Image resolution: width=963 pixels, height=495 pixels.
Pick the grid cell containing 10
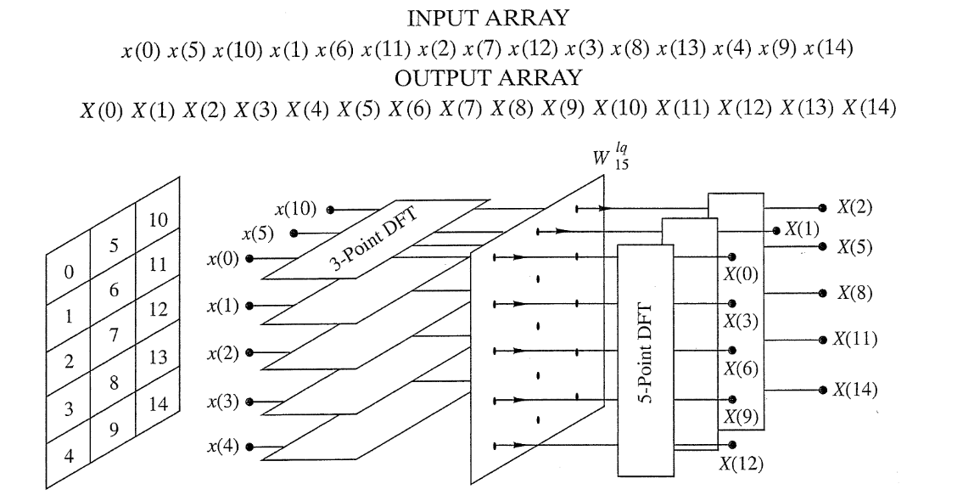point(157,221)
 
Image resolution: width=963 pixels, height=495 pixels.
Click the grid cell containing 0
point(70,273)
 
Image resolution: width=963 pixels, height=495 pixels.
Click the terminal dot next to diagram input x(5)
point(294,233)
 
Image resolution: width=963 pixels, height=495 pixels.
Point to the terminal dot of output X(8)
point(821,293)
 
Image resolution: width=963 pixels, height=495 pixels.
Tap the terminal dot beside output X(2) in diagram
point(821,207)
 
